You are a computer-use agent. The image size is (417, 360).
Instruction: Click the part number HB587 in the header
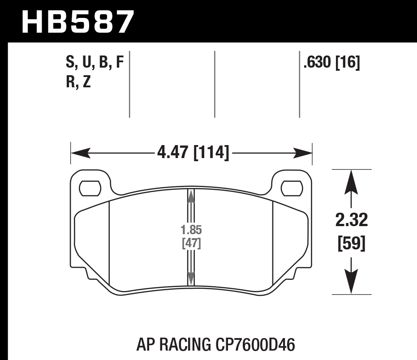click(77, 21)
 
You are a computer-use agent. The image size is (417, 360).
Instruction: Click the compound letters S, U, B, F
click(94, 63)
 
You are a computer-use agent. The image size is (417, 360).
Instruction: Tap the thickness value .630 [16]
click(331, 63)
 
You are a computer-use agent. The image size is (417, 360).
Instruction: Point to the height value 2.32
click(352, 220)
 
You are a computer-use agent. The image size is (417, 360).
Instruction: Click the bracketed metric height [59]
click(352, 244)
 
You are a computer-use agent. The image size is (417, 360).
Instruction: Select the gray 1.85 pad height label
click(191, 231)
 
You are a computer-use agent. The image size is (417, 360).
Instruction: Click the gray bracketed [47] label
click(191, 244)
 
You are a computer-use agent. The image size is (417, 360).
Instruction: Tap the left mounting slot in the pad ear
click(90, 189)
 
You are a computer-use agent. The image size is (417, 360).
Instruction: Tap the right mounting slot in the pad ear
click(292, 189)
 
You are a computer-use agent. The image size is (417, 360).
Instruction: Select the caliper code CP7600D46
click(254, 345)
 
